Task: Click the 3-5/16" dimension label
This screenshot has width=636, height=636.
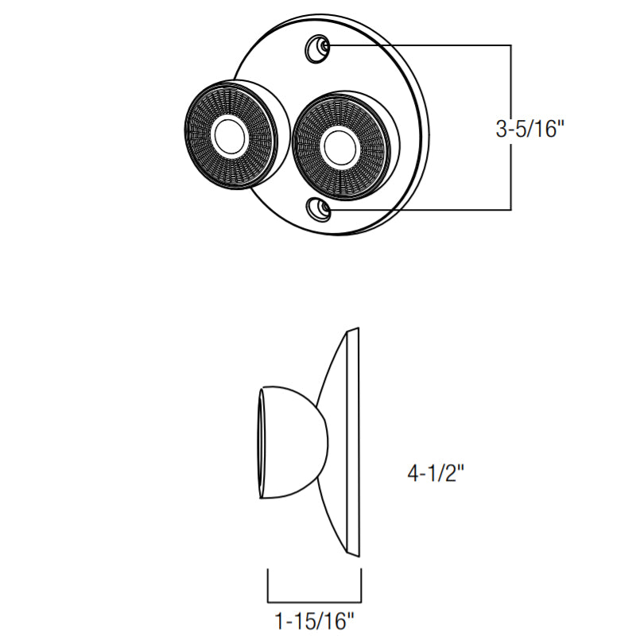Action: (529, 130)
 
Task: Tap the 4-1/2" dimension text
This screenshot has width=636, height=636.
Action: (435, 472)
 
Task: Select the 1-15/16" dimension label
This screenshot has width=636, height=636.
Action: (315, 620)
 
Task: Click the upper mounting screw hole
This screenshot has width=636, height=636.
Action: (317, 48)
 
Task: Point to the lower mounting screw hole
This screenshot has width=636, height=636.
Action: (319, 209)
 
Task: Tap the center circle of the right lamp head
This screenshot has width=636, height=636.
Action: (340, 147)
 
